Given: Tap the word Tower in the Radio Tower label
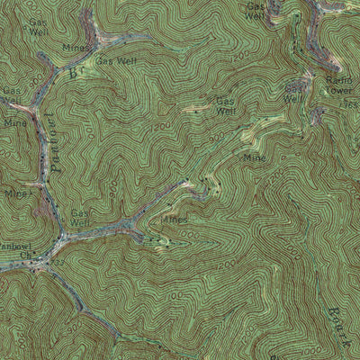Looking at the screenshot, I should click(x=340, y=91).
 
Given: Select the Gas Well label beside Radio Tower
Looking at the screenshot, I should click(x=294, y=94).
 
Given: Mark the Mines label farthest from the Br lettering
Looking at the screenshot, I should click(x=175, y=219).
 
